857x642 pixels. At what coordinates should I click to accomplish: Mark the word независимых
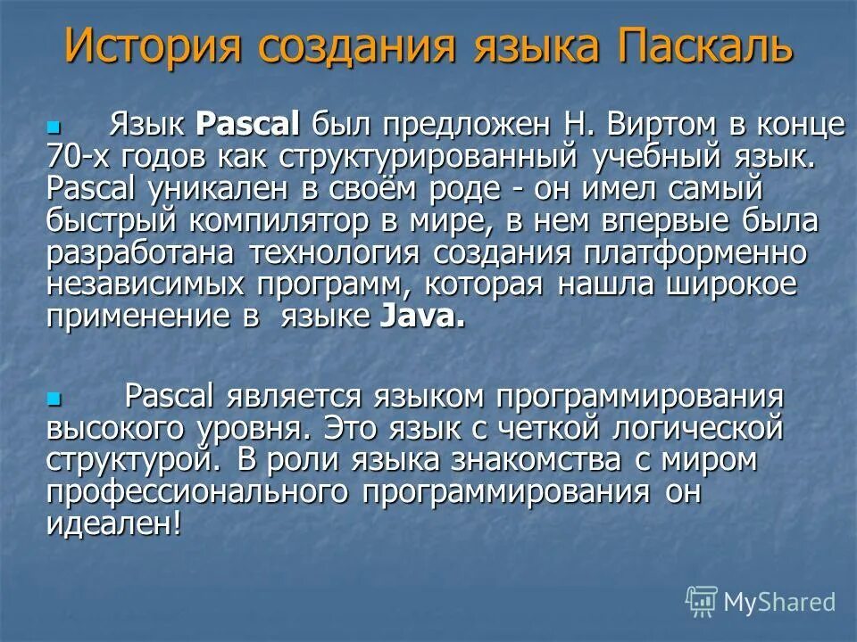[145, 285]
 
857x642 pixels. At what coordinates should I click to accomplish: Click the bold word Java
[421, 317]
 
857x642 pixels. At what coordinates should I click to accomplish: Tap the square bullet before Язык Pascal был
[53, 128]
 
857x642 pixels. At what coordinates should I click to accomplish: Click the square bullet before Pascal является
[53, 397]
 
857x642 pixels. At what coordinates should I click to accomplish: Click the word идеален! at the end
[113, 523]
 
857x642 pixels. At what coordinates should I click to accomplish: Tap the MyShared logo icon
[702, 601]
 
